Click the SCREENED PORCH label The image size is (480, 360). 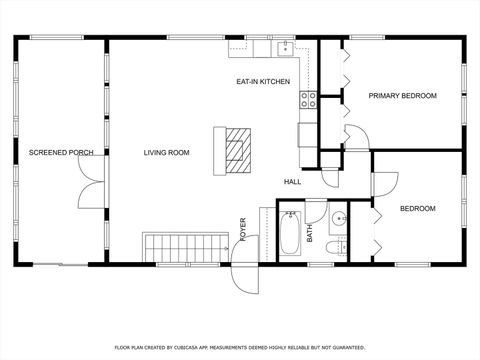(x=61, y=152)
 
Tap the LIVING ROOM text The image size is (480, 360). (x=166, y=152)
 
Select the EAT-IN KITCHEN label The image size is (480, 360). (x=263, y=81)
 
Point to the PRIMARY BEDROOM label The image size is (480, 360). (x=402, y=96)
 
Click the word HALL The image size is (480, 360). (x=292, y=182)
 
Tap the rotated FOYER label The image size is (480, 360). (x=242, y=229)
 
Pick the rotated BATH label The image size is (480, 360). (x=310, y=233)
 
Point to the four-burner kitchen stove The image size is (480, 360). (x=308, y=100)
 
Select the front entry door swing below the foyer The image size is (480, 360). (x=243, y=277)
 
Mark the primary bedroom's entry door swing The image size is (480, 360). (x=357, y=137)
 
